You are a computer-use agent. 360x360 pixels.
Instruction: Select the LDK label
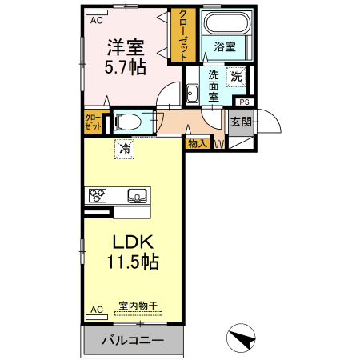click(x=132, y=242)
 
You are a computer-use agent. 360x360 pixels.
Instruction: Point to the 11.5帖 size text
click(x=132, y=262)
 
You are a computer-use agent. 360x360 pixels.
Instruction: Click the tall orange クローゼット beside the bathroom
click(x=183, y=35)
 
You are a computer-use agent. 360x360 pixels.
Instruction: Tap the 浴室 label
click(x=224, y=47)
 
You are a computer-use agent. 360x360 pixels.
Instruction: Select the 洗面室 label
click(x=214, y=83)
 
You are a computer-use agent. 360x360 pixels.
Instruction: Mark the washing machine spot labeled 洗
click(x=236, y=77)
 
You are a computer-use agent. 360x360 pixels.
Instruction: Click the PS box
click(x=243, y=102)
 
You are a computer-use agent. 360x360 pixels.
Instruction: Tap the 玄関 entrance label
click(x=241, y=122)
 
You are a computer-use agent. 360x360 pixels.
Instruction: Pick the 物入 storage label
click(x=197, y=143)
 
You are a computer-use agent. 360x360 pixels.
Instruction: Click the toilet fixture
click(x=128, y=122)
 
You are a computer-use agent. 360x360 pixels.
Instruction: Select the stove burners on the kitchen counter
click(x=98, y=195)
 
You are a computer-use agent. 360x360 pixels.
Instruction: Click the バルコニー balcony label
click(x=133, y=341)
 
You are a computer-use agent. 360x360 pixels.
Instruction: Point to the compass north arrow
click(x=242, y=339)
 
